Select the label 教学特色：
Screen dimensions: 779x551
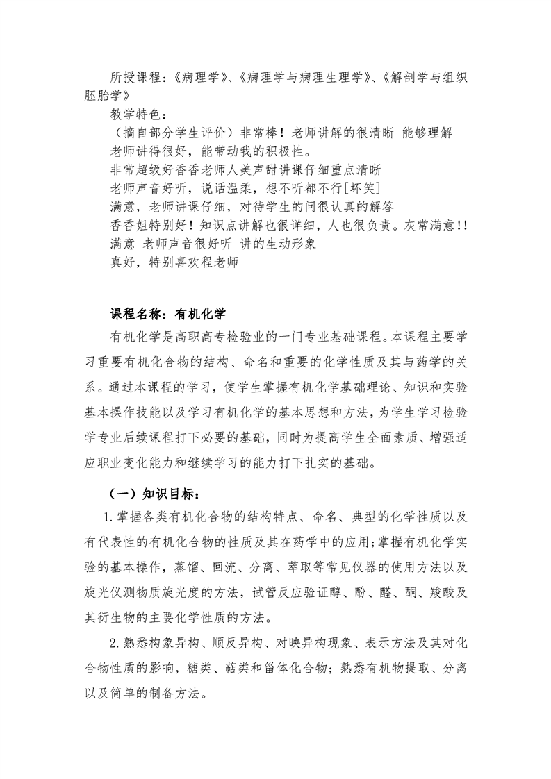(139, 114)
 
